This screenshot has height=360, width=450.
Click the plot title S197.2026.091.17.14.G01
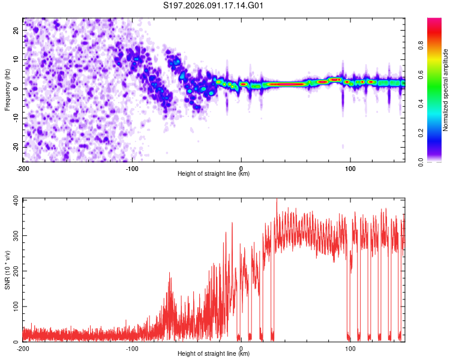[214, 5]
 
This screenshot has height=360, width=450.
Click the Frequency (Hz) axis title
[7, 89]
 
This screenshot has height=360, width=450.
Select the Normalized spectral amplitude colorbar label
[446, 89]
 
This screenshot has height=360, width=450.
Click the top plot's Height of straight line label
[213, 173]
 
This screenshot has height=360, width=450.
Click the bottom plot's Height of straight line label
[213, 353]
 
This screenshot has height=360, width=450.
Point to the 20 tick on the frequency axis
[17, 29]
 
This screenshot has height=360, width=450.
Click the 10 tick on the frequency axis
[17, 59]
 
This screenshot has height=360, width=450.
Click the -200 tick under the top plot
[23, 167]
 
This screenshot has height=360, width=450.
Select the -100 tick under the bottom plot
[132, 348]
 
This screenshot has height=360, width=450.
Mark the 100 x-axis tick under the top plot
[350, 167]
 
